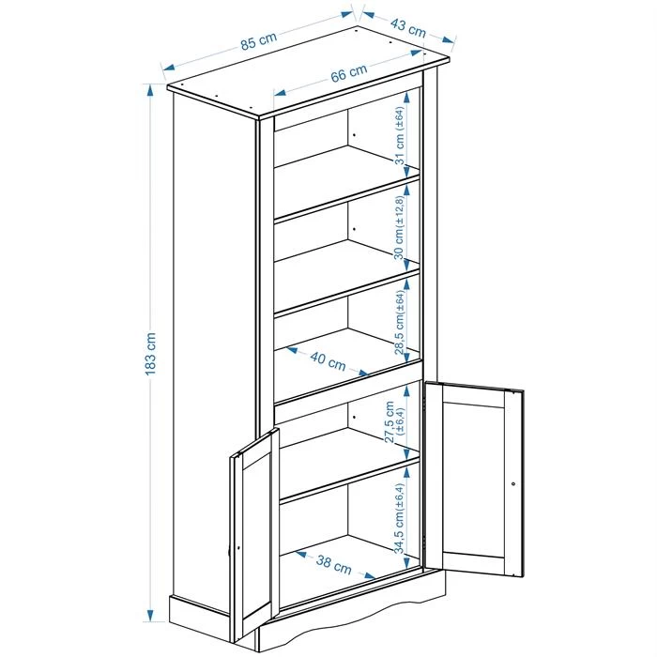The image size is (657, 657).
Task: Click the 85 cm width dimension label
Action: tap(257, 42)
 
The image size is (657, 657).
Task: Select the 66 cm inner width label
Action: tap(348, 74)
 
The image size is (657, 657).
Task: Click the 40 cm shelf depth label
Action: tap(329, 360)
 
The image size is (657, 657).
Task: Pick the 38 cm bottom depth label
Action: tap(334, 565)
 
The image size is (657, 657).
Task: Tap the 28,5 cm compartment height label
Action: tap(400, 318)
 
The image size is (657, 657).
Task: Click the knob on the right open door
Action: tap(513, 483)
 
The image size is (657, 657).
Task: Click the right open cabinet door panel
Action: tap(479, 479)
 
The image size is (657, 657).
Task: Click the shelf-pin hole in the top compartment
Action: tap(355, 136)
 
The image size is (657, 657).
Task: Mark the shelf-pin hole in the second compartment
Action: tap(355, 229)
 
